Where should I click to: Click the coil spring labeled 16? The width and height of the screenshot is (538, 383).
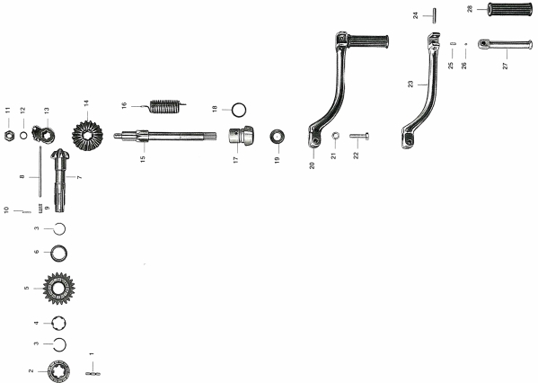(x=165, y=106)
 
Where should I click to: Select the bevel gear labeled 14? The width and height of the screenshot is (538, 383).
(x=87, y=135)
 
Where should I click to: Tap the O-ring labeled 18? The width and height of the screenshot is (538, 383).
(x=239, y=111)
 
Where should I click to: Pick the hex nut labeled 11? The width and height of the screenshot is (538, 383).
(x=9, y=136)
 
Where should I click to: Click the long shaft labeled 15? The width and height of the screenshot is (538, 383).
(x=165, y=136)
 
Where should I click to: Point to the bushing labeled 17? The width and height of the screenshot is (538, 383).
(x=242, y=136)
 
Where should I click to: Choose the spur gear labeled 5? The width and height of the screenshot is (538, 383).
(x=59, y=289)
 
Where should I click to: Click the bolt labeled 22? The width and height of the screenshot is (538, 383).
(x=359, y=136)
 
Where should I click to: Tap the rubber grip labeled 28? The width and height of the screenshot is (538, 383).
(x=509, y=9)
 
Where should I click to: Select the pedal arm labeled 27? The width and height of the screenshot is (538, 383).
(x=505, y=45)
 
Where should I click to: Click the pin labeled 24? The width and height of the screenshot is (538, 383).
(x=434, y=16)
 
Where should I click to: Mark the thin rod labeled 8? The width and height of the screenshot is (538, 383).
(x=40, y=172)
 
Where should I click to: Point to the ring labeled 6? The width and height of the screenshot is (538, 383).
(x=59, y=254)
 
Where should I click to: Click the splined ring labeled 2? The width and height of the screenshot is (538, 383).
(x=59, y=371)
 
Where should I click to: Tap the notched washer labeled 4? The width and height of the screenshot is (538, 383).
(x=58, y=324)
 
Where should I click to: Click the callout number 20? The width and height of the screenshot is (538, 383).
(x=312, y=165)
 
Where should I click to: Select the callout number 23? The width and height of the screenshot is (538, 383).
(x=410, y=84)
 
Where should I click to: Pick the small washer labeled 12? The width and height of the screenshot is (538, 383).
(x=23, y=136)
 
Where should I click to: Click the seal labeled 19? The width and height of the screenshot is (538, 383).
(x=278, y=137)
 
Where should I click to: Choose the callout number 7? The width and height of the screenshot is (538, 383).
(x=79, y=177)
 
